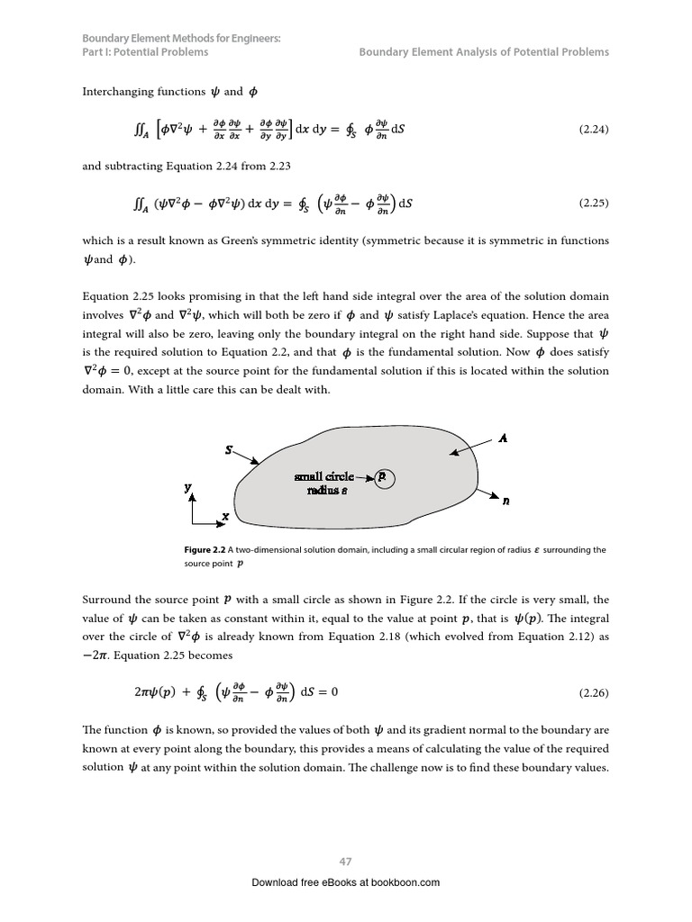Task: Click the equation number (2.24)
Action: click(593, 130)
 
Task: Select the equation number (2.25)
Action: click(593, 203)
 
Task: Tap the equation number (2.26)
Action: click(593, 693)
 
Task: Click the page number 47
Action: click(345, 862)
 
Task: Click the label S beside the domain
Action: click(229, 448)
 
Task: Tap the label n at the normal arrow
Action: click(505, 502)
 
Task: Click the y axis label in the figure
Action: click(188, 487)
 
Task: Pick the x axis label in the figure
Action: click(225, 517)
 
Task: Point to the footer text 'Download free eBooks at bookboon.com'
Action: click(345, 882)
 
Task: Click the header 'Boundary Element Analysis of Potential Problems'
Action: click(484, 52)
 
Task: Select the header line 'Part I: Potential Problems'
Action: click(145, 52)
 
